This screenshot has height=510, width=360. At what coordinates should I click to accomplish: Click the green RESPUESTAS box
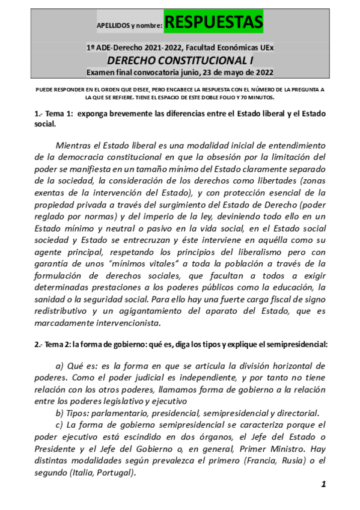pos(213,23)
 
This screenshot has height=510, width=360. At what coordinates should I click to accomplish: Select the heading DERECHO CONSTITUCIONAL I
pos(180,60)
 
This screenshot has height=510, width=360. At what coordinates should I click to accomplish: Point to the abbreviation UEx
pos(266,48)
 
